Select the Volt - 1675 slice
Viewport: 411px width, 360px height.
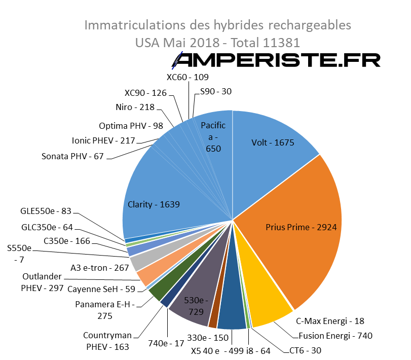click(x=273, y=142)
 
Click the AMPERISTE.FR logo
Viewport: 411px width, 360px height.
click(x=276, y=60)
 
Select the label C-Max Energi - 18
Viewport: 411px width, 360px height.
click(x=330, y=321)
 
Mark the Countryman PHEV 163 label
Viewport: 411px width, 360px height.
click(x=107, y=341)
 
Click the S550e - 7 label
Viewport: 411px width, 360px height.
click(x=19, y=254)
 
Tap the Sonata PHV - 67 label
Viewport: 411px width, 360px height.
click(x=72, y=156)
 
